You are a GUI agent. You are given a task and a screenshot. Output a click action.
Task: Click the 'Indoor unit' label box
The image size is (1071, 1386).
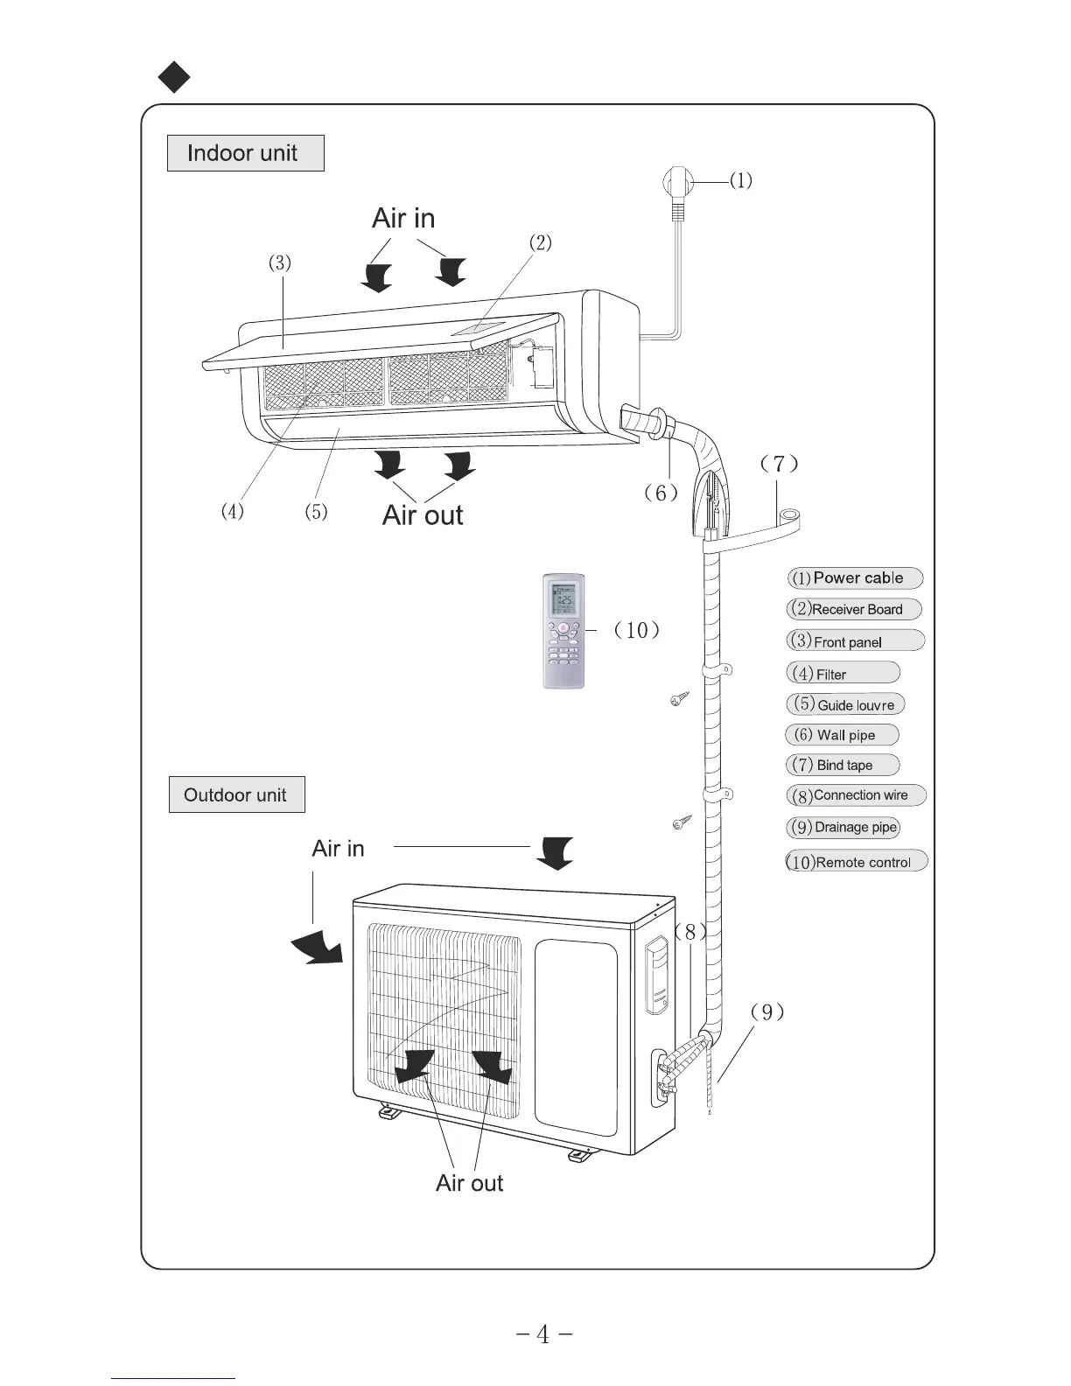tap(245, 153)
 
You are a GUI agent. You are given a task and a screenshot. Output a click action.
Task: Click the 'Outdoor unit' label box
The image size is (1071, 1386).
tap(236, 794)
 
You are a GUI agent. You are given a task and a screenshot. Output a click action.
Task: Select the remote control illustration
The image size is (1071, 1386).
tap(563, 630)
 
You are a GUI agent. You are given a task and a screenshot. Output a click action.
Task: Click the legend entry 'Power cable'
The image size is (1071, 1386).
tap(855, 577)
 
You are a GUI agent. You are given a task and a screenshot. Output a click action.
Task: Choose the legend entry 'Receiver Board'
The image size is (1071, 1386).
tap(854, 609)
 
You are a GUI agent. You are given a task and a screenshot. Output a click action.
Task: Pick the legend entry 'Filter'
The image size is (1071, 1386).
tap(843, 673)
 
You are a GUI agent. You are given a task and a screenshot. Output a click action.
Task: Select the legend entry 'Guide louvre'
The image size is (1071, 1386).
tap(845, 704)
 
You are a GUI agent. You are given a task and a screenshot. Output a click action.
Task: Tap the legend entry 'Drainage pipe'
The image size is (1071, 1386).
tap(843, 827)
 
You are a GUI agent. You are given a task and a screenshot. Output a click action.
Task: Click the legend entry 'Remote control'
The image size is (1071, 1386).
tap(856, 862)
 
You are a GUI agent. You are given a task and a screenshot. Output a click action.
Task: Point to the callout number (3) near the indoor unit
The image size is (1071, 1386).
tap(280, 262)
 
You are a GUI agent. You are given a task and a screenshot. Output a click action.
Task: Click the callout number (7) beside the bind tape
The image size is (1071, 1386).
tap(780, 464)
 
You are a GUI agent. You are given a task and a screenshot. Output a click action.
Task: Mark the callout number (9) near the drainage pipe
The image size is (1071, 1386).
tap(767, 1011)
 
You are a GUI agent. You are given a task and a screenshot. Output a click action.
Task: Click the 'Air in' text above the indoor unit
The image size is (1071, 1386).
tap(403, 218)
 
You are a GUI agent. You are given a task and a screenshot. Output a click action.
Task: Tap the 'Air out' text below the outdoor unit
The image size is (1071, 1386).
tap(470, 1183)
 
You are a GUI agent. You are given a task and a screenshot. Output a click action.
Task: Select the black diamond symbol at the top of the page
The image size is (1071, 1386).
tap(174, 77)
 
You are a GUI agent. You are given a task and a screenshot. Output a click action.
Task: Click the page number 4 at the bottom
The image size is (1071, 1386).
tap(543, 1334)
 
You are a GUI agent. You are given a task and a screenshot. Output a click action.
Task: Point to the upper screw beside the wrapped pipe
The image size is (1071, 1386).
tap(680, 698)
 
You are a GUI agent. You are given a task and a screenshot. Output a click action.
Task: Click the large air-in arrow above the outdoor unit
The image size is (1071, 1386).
tap(555, 852)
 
